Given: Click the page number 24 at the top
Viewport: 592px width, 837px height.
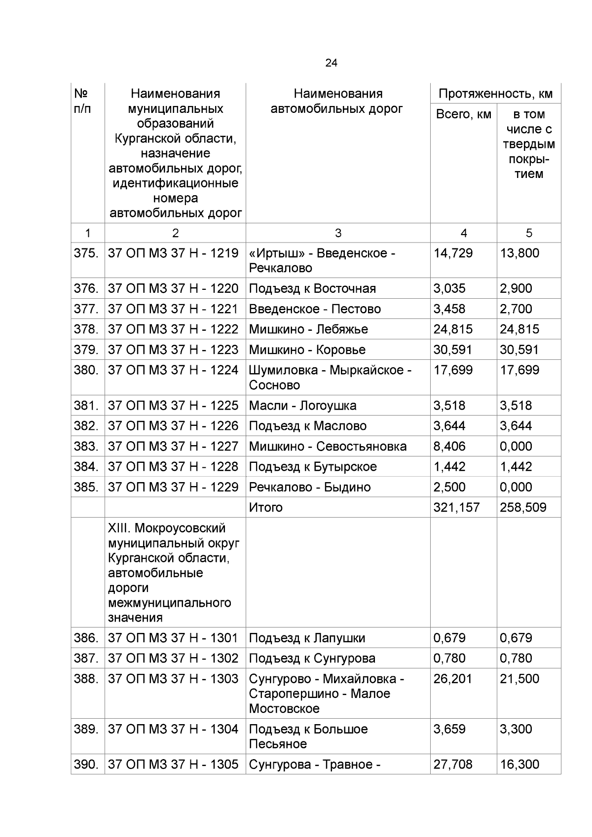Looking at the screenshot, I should (331, 63).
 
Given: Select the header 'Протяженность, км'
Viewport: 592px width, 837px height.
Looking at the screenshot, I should (495, 94).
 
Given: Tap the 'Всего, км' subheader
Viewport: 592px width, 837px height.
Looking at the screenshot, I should (463, 114).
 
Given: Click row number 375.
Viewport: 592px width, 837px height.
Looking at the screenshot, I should (86, 253).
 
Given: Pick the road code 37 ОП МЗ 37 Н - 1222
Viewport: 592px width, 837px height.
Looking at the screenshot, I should (173, 329).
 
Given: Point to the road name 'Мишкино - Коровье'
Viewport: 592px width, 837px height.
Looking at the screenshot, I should (307, 350).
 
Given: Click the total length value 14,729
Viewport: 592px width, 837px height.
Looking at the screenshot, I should (453, 253).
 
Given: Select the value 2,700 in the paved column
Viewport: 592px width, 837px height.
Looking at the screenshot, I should (516, 309).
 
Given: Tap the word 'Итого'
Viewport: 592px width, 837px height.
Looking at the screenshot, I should (265, 507).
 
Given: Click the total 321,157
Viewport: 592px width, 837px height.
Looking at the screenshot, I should (456, 507).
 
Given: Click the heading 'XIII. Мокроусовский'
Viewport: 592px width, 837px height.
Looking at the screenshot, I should (166, 528).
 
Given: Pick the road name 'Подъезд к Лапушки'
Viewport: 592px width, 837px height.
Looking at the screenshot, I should (307, 638).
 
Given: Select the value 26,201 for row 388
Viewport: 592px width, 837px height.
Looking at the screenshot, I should (452, 679).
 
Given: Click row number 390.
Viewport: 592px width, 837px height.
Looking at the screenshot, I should (86, 765).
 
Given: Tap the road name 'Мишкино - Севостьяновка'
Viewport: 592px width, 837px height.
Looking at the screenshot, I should (328, 447).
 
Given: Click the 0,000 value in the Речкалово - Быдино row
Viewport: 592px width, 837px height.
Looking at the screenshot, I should (516, 487).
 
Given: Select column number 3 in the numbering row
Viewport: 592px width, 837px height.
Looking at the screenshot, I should (338, 233).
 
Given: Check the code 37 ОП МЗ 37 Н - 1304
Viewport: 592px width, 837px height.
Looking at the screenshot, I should (173, 729).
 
